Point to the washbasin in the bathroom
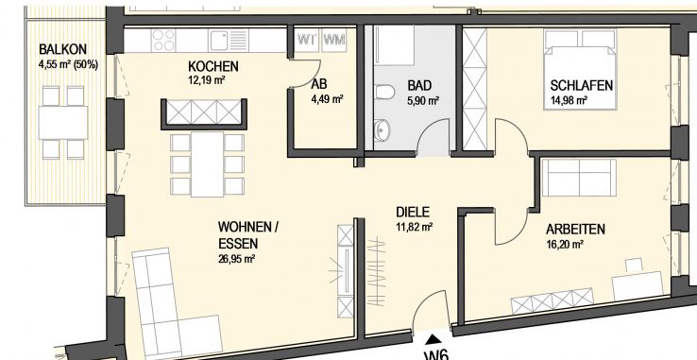tap(382, 129)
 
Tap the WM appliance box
tap(333, 40)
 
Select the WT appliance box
tap(307, 40)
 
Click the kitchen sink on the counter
tap(220, 40)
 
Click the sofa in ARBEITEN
tap(571, 178)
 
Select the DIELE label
tap(414, 213)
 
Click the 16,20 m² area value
tap(565, 243)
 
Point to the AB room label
tap(318, 84)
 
